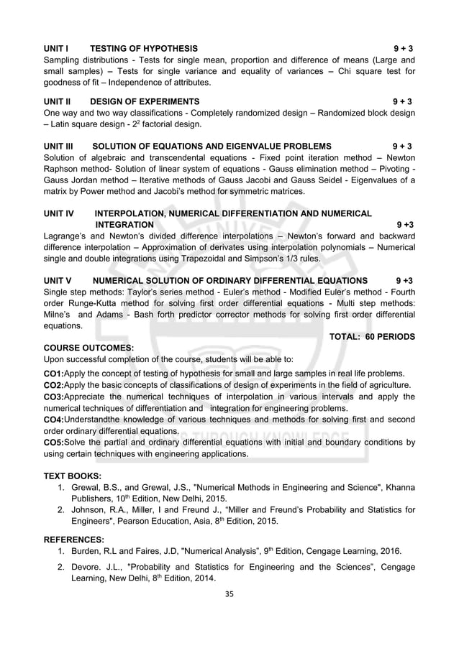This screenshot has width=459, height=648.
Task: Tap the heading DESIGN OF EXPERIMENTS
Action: click(x=145, y=101)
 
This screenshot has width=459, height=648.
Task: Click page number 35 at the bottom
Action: click(x=229, y=593)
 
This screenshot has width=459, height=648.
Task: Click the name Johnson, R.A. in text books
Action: click(x=99, y=510)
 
